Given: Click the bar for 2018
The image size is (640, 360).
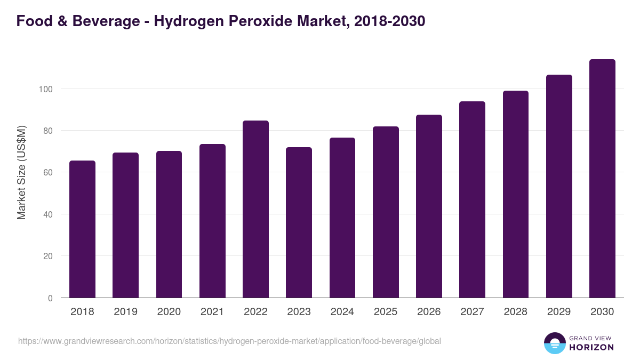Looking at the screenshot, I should click(x=83, y=229).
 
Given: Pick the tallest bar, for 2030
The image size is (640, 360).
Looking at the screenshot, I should click(x=602, y=179).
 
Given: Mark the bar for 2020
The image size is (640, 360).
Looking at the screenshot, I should click(x=169, y=225).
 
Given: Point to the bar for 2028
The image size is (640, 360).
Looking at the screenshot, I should click(x=516, y=194).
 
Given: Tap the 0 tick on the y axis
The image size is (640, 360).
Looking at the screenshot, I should click(x=50, y=298).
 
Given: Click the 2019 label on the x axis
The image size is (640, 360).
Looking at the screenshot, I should click(x=125, y=312).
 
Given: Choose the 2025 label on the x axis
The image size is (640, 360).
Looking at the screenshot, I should click(x=386, y=312).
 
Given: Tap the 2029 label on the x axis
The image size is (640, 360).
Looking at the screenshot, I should click(x=559, y=312).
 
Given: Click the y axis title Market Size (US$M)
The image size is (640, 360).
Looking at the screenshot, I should click(x=21, y=172).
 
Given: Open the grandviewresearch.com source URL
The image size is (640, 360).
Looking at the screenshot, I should click(x=229, y=341).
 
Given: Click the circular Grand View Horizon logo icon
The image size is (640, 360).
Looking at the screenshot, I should click(x=554, y=343).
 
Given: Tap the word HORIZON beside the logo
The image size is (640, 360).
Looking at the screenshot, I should click(x=591, y=347).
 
